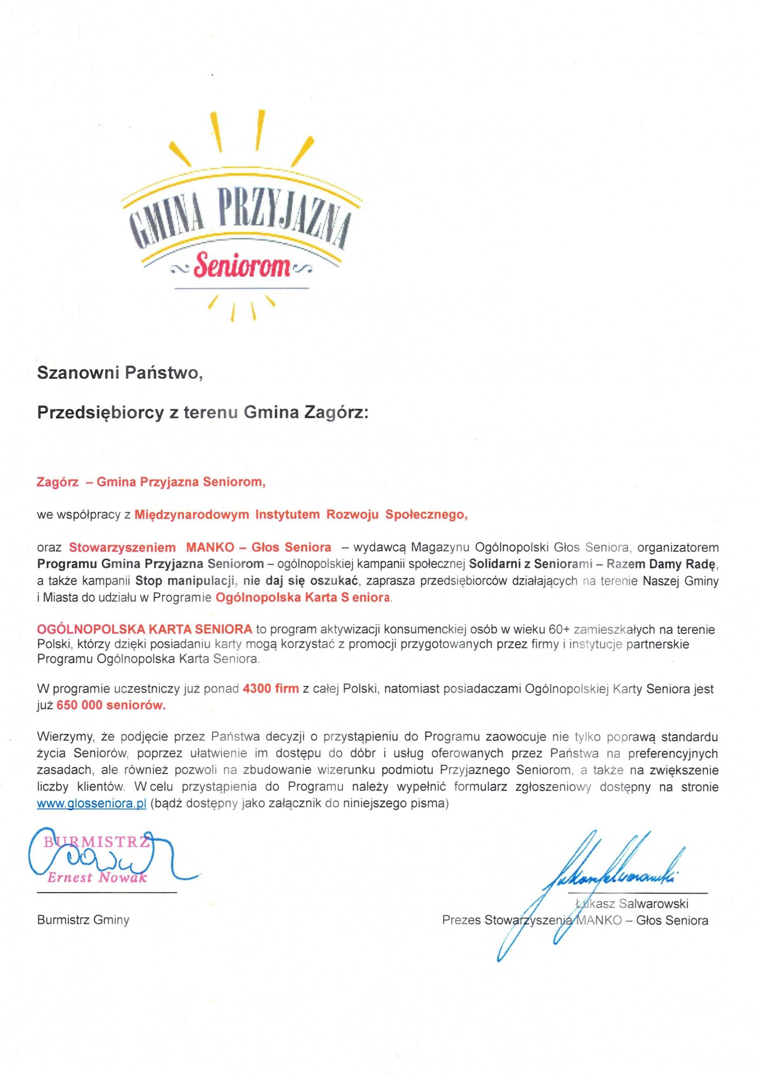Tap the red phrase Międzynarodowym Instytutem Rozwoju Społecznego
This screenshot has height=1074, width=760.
[301, 515]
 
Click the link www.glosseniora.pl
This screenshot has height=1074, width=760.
[92, 804]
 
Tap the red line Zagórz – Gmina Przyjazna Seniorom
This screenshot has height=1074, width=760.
[151, 482]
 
